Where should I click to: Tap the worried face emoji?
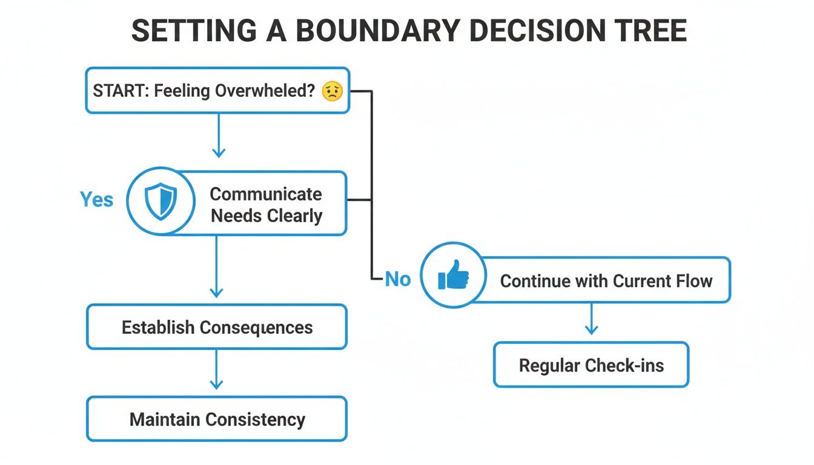[332, 91]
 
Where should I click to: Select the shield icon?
[160, 202]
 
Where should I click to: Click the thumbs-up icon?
[453, 277]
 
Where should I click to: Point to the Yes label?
[96, 200]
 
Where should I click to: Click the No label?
[398, 279]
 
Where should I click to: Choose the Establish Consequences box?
[217, 328]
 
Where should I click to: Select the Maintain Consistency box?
[217, 419]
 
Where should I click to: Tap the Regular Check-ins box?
[591, 365]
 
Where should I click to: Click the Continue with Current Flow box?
[606, 281]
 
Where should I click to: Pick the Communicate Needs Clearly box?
[266, 205]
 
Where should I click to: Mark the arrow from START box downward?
[218, 136]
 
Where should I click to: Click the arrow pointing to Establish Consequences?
[216, 266]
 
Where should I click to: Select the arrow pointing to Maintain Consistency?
[216, 371]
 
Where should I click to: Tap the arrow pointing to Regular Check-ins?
[591, 319]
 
